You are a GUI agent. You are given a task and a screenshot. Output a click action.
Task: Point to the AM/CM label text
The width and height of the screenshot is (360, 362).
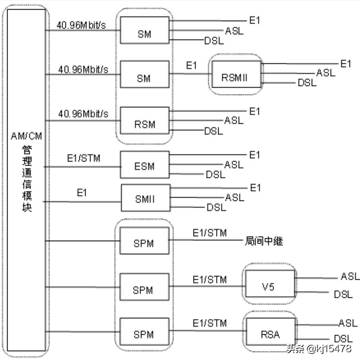pos(26,135)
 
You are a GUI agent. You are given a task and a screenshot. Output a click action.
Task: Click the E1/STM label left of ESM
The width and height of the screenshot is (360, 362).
pos(83,158)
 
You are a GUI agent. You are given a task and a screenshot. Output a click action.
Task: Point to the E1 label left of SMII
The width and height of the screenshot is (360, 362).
pos(82,193)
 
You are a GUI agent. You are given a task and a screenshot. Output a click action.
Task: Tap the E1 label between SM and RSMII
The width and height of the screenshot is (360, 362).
pos(191,65)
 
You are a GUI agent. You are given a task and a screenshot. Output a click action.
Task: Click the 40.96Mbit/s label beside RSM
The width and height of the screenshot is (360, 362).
pos(83,114)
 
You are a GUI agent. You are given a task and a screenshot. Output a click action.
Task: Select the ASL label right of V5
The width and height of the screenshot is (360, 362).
pos(350,276)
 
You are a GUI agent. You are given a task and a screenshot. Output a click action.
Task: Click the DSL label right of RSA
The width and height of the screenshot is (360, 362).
pos(343,338)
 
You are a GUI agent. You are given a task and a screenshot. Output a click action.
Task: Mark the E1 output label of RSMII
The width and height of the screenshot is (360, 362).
pos(345,64)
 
